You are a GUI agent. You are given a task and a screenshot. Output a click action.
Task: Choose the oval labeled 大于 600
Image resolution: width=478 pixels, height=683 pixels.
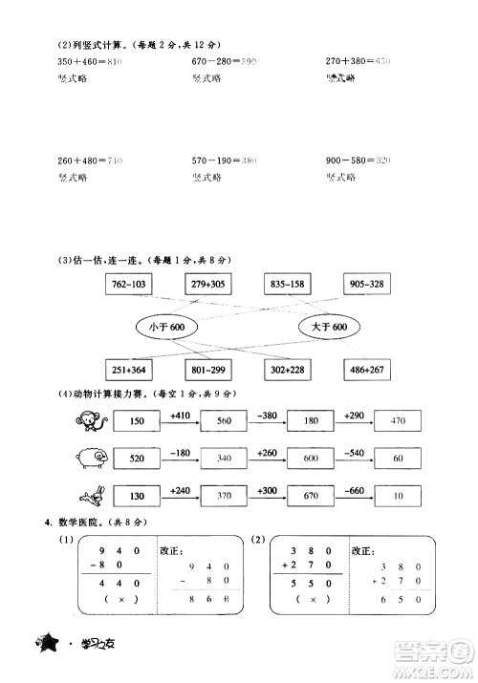point(325,327)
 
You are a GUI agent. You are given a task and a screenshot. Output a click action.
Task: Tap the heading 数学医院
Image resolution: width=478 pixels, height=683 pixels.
point(78,522)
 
